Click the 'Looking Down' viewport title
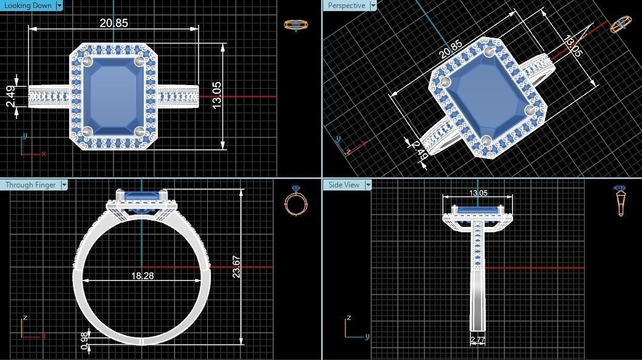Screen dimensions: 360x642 [x=27, y=6]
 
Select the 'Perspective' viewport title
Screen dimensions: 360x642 [x=347, y=6]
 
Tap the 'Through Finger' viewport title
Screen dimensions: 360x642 [x=30, y=184]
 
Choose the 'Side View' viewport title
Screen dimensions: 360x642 [x=344, y=184]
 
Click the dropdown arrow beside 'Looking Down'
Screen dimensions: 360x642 [x=59, y=6]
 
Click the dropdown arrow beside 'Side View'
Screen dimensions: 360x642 [x=368, y=184]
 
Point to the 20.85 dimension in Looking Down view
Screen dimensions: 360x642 [x=114, y=23]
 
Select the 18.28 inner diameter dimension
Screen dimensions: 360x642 [x=142, y=276]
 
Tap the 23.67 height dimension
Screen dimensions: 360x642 [x=236, y=266]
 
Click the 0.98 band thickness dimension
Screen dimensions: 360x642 [x=84, y=340]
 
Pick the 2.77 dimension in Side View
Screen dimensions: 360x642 [x=477, y=340]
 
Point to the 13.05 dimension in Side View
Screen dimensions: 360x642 [x=478, y=194]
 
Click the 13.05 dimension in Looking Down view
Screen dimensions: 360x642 [x=217, y=96]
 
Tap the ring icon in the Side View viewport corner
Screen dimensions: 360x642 [x=620, y=201]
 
